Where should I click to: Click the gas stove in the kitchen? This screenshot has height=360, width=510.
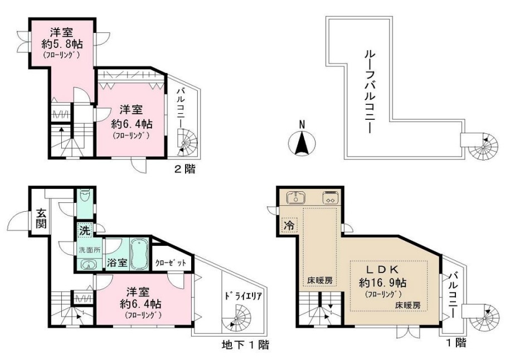pos(329,198)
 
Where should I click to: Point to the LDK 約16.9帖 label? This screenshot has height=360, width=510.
pos(382,276)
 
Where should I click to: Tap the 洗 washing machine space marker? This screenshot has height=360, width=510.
pos(83,229)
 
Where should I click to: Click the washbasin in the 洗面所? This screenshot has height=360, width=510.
pos(88,264)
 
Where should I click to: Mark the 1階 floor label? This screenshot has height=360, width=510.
pos(455,343)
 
